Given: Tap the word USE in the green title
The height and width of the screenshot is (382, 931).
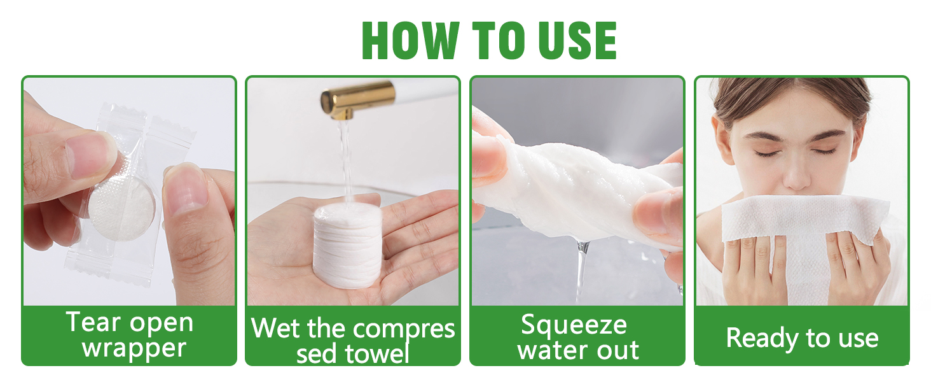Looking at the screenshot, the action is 577,40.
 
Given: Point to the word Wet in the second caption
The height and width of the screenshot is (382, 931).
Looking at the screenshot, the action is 275,329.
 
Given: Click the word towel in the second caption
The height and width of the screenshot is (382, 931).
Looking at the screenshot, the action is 377,353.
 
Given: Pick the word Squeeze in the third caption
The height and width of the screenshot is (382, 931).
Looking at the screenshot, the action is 574,325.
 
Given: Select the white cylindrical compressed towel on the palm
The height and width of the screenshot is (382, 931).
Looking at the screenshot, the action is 347,246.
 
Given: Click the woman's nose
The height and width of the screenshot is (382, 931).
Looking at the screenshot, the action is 797,175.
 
